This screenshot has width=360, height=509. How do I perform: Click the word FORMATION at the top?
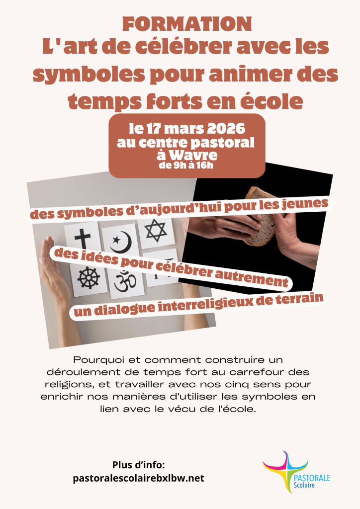click(x=187, y=24)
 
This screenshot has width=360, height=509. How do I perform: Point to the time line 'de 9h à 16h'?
click(x=186, y=165)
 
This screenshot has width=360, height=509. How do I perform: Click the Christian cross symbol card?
click(x=83, y=239)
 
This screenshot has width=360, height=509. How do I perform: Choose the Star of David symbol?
click(x=156, y=230)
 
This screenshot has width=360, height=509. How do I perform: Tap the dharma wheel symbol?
click(x=89, y=278)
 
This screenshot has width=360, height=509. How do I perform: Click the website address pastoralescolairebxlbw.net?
click(x=139, y=478)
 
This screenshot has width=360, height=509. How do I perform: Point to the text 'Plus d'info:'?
click(x=139, y=465)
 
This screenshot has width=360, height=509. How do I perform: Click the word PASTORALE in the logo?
click(x=312, y=478)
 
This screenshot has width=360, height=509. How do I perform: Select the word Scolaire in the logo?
click(x=304, y=485)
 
